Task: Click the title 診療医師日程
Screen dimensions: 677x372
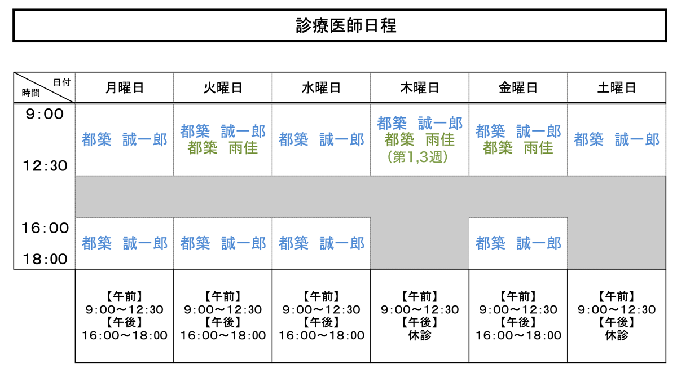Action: [x=346, y=26]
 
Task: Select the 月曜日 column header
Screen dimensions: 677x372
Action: [x=124, y=88]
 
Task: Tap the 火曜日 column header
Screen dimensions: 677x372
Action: [x=223, y=88]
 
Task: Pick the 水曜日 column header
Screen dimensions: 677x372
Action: [x=321, y=88]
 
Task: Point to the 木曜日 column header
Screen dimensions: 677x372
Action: [x=420, y=88]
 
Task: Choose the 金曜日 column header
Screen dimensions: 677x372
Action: [x=518, y=88]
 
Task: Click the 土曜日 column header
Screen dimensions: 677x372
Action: [x=617, y=88]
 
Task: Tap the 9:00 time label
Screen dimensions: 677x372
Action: [x=45, y=114]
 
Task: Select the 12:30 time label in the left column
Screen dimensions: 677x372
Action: [x=45, y=166]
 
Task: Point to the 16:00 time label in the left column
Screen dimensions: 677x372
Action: [x=45, y=228]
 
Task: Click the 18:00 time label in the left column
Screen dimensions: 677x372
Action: [x=45, y=259]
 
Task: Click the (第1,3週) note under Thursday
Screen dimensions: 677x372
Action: [x=417, y=157]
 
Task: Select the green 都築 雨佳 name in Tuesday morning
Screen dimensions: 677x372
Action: [x=222, y=148]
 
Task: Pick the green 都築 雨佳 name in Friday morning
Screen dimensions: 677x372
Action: [x=518, y=148]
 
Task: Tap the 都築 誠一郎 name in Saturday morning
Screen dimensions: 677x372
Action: [x=617, y=140]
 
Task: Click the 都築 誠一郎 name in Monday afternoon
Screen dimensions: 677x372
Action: [x=125, y=243]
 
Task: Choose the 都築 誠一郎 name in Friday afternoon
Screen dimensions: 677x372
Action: [x=518, y=243]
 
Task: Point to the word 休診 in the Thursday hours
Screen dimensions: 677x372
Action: [x=420, y=335]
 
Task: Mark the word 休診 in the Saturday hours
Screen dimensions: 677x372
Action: [x=617, y=335]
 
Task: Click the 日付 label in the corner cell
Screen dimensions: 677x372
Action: [x=62, y=82]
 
